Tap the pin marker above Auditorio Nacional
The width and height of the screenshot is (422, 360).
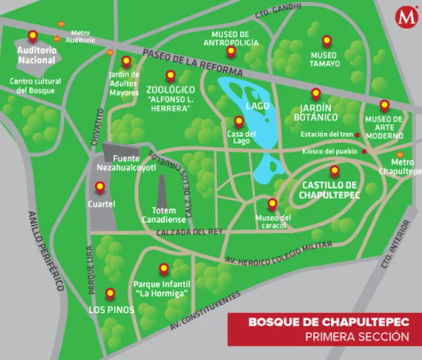click(x=33, y=36)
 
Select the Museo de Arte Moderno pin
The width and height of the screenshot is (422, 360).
click(x=384, y=106)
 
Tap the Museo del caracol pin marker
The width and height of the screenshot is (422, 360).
click(x=272, y=204)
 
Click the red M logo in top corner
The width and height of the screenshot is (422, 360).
click(x=405, y=16)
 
